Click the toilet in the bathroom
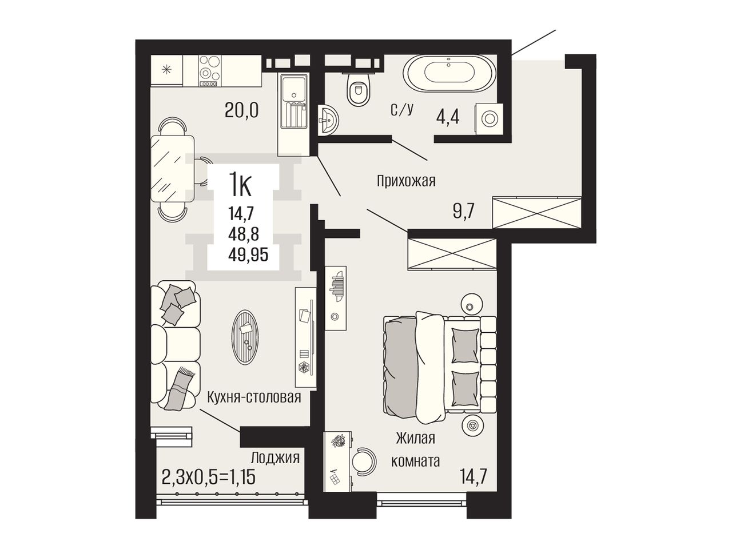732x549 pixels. [359, 87]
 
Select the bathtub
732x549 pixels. [449, 73]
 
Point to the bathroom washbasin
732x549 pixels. [328, 120]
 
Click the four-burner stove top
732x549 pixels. [210, 71]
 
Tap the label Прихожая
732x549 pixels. [406, 182]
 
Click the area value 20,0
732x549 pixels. [242, 110]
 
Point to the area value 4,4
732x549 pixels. [448, 117]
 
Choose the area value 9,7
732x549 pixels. [464, 211]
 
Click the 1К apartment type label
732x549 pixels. [240, 188]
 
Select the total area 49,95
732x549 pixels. [248, 255]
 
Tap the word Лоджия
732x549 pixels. [275, 457]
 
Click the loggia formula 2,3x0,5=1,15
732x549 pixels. [208, 477]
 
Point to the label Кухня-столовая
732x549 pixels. [254, 397]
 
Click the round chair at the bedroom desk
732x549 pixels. [364, 462]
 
